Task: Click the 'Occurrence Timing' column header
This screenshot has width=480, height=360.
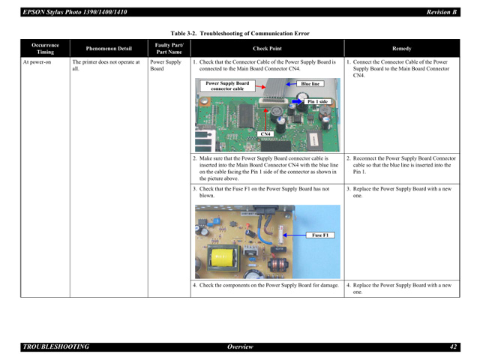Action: [45, 48]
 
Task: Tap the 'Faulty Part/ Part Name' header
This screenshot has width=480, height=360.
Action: [169, 48]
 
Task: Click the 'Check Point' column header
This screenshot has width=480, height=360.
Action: [267, 48]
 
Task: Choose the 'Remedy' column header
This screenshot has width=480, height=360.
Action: [401, 48]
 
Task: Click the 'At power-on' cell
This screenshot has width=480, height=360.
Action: [37, 62]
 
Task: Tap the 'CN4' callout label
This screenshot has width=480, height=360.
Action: [265, 133]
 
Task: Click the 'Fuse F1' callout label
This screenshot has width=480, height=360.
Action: [319, 235]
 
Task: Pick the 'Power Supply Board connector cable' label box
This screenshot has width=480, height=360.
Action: [227, 85]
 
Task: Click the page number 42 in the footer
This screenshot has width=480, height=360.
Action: [453, 346]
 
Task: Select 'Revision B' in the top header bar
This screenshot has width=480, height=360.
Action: [442, 12]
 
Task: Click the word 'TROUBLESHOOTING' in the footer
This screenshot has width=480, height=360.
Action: [56, 346]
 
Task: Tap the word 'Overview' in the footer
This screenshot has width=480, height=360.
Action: [240, 346]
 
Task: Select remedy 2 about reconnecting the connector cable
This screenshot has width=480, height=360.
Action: [401, 165]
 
